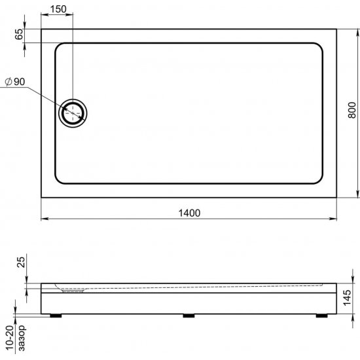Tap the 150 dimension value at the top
[59, 9]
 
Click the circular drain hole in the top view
[73, 113]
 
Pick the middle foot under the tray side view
[189, 315]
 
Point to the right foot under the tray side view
[321, 315]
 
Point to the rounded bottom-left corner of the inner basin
[60, 178]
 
